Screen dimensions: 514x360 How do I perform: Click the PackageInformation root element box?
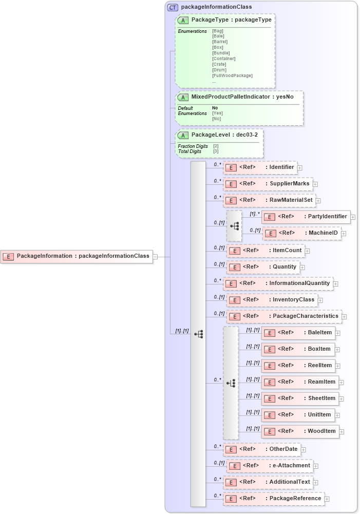pyautogui.click(x=77, y=256)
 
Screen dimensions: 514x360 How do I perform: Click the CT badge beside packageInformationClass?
pyautogui.click(x=173, y=7)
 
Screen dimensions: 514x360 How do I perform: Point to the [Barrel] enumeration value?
pyautogui.click(x=219, y=42)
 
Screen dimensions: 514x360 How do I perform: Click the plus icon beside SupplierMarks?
pyautogui.click(x=315, y=184)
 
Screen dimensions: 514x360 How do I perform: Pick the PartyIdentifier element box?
pyautogui.click(x=306, y=217)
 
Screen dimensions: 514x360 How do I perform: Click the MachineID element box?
pyautogui.click(x=301, y=233)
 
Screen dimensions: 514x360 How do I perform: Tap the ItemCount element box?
pyautogui.click(x=265, y=251)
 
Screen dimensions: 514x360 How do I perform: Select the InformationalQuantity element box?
pyautogui.click(x=277, y=283)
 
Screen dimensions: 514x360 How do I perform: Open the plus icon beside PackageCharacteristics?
pyautogui.click(x=344, y=317)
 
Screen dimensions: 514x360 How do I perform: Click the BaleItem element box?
pyautogui.click(x=298, y=333)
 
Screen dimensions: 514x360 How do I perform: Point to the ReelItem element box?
pyautogui.click(x=298, y=366)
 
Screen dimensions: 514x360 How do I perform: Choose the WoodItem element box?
pyautogui.click(x=300, y=431)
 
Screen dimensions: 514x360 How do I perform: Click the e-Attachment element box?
pyautogui.click(x=269, y=466)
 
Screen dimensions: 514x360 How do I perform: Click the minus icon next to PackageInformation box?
pyautogui.click(x=155, y=256)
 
